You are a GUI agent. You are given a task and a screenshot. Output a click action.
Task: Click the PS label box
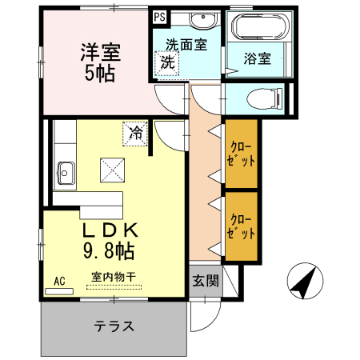pyautogui.click(x=160, y=16)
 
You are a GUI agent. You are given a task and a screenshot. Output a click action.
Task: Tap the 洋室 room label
pyautogui.click(x=99, y=54)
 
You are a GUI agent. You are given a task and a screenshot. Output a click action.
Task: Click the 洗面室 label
pyautogui.click(x=186, y=46)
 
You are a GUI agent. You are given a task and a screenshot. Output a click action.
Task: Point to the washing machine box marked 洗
pyautogui.click(x=168, y=63)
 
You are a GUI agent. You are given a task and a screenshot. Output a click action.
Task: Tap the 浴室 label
pyautogui.click(x=258, y=59)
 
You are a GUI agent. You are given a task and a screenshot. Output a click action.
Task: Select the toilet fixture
pyautogui.click(x=265, y=99)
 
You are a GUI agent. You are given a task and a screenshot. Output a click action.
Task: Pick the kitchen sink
pyautogui.click(x=65, y=171)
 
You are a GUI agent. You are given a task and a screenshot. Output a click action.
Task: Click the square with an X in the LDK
pyautogui.click(x=112, y=170)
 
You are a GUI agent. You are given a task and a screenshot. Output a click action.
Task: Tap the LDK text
pyautogui.click(x=112, y=230)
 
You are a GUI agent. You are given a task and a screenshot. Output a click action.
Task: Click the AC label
pyautogui.click(x=59, y=281)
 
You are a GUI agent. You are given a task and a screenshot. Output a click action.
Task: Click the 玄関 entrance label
pyautogui.click(x=204, y=280)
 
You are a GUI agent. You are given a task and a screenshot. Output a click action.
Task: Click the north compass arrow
pyautogui.click(x=305, y=281)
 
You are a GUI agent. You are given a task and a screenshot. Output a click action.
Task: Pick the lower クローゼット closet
pyautogui.click(x=241, y=227)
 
